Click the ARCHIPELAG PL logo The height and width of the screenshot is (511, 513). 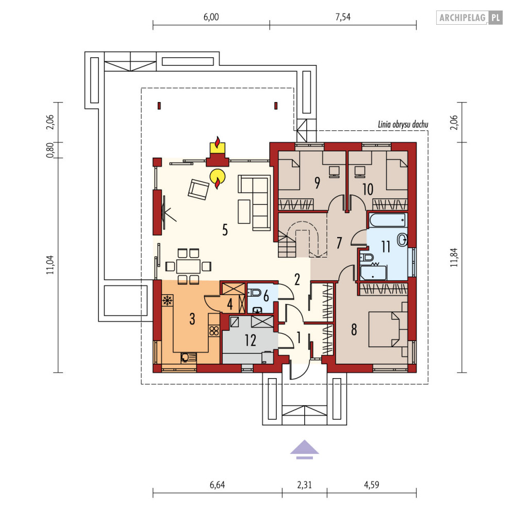point(469,18)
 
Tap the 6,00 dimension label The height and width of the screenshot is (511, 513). point(211,17)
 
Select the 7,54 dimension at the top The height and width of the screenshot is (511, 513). point(343,17)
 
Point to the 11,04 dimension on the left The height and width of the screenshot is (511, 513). point(50,265)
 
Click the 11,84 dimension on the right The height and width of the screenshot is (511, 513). point(454,258)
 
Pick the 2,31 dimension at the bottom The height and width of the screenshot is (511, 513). point(304,485)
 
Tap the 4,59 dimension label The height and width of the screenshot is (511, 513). point(371,485)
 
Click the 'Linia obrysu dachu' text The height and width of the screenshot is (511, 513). point(403,124)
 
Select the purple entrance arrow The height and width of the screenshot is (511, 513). point(304,449)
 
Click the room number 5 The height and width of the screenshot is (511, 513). point(225,230)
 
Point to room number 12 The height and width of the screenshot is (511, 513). point(250,340)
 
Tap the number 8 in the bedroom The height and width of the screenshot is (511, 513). point(354,330)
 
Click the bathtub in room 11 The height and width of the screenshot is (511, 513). point(388,220)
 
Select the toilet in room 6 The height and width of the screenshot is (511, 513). point(254,292)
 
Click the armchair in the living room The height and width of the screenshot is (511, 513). point(198,189)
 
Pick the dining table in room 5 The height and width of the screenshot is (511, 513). point(188,266)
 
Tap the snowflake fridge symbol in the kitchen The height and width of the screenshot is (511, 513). point(168,300)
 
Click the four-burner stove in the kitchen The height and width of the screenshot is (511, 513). point(214,331)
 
